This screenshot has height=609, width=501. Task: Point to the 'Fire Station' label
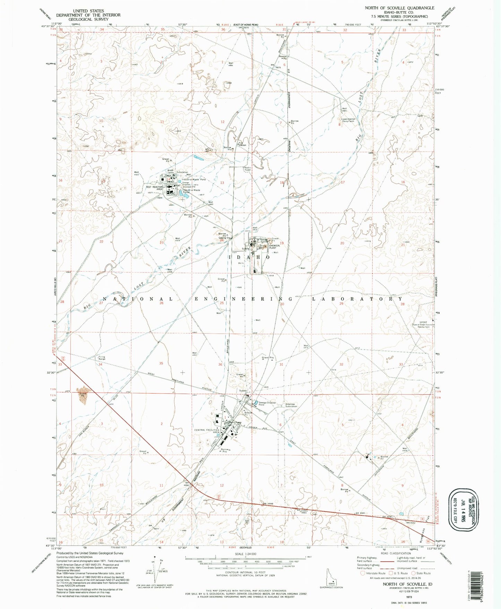[241, 143]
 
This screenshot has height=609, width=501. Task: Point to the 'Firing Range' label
[102, 358]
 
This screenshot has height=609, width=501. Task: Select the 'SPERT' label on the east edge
[423, 322]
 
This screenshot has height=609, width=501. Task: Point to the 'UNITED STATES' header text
[88, 11]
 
